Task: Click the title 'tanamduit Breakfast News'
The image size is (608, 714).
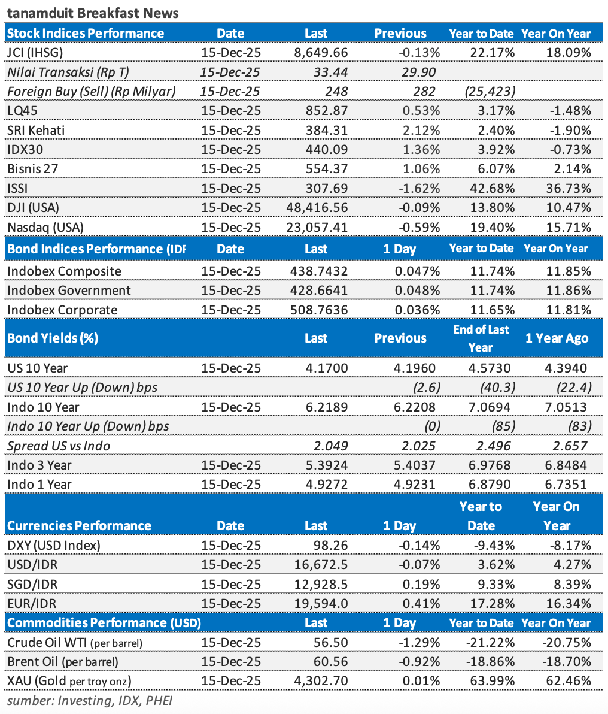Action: pyautogui.click(x=93, y=13)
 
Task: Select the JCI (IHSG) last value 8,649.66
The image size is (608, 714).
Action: pyautogui.click(x=321, y=53)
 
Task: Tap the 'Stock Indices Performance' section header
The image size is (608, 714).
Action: pyautogui.click(x=85, y=34)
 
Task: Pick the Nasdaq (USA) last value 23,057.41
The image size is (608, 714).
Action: pyautogui.click(x=317, y=228)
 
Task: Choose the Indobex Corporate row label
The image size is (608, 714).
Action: pyautogui.click(x=62, y=310)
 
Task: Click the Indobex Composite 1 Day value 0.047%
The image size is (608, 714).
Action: pyautogui.click(x=417, y=271)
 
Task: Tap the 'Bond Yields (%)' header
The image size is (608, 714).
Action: pyautogui.click(x=52, y=338)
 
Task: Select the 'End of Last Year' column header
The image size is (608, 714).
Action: pyautogui.click(x=481, y=338)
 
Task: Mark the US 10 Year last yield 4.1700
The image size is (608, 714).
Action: pyautogui.click(x=327, y=368)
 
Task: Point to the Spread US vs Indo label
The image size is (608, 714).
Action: pyautogui.click(x=59, y=446)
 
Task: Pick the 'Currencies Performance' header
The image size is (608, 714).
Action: pyautogui.click(x=79, y=526)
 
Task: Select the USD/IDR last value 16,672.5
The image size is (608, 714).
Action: pyautogui.click(x=321, y=565)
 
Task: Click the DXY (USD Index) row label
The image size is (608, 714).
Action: pyautogui.click(x=54, y=546)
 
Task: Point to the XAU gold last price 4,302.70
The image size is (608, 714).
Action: pyautogui.click(x=322, y=681)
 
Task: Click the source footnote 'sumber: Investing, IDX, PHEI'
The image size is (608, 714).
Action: pyautogui.click(x=90, y=700)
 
